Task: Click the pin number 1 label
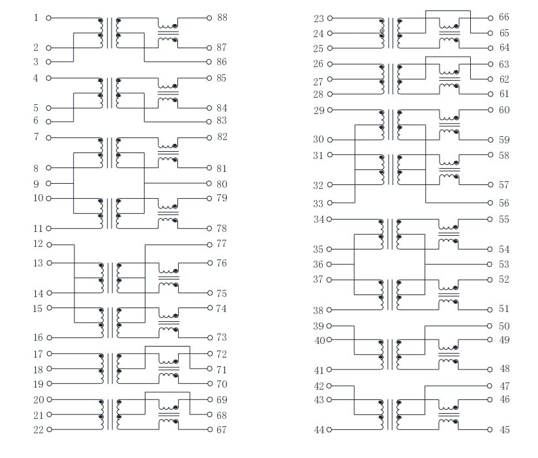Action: coord(36,18)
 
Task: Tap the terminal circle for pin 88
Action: coord(209,18)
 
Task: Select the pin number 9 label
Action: coord(36,184)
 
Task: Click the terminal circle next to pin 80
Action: coord(209,184)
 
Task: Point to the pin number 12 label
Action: coord(38,244)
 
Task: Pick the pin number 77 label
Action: coord(222,244)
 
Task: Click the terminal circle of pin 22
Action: coord(49,429)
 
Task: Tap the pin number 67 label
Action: coord(222,429)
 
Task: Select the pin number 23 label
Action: coord(319,18)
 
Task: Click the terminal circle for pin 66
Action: coord(490,18)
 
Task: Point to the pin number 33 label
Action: coord(318,204)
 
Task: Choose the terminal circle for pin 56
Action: coord(490,203)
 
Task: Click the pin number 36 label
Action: coord(318,265)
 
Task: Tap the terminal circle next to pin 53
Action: coord(490,265)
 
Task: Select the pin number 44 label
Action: coord(319,429)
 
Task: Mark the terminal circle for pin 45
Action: coord(490,429)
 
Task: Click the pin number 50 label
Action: coord(504,326)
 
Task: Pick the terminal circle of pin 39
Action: coord(329,326)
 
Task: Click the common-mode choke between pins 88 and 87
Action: coord(168,33)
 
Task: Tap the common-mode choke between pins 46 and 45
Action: coord(449,414)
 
